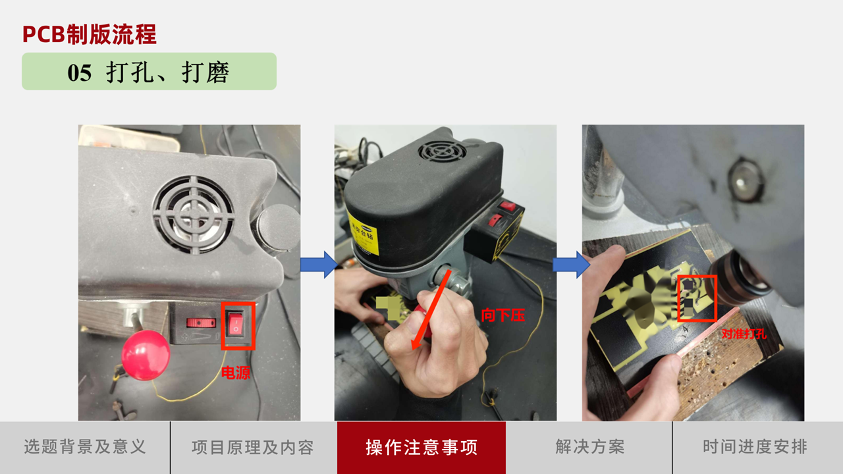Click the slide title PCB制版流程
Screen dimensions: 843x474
89,35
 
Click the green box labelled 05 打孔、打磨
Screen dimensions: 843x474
149,71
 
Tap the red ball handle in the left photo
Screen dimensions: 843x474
146,355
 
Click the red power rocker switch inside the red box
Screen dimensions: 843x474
236,324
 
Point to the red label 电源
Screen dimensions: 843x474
236,373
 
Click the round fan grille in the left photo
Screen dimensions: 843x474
194,214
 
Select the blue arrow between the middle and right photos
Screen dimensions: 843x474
571,265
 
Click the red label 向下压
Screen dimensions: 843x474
503,315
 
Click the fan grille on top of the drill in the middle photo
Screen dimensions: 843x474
442,152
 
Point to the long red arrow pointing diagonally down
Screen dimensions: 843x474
431,310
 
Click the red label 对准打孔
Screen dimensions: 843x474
744,334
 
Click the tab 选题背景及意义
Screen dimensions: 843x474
85,447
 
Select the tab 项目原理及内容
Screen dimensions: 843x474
253,447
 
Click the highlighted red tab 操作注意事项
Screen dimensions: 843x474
421,448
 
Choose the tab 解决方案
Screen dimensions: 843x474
589,447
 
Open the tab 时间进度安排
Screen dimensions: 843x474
755,447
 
